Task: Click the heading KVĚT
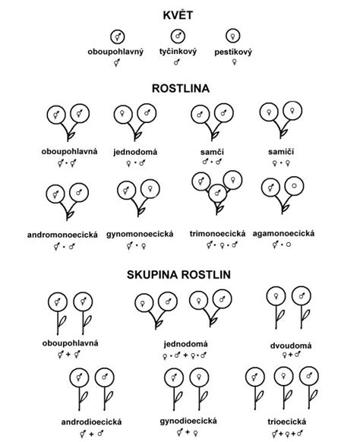click(x=178, y=14)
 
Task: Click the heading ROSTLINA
click(x=181, y=88)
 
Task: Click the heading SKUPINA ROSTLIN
click(x=178, y=274)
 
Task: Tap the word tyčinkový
click(x=178, y=52)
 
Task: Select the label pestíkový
click(x=233, y=52)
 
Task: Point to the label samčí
click(x=212, y=152)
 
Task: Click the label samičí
click(x=281, y=152)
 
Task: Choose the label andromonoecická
click(x=62, y=235)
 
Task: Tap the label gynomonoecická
click(x=140, y=234)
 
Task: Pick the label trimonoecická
click(x=217, y=233)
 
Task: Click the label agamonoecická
click(x=283, y=233)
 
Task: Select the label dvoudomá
click(x=291, y=346)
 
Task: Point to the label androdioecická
click(x=91, y=421)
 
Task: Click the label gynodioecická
click(x=188, y=421)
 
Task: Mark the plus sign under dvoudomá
click(x=291, y=355)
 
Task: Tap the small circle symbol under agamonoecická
click(x=289, y=245)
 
